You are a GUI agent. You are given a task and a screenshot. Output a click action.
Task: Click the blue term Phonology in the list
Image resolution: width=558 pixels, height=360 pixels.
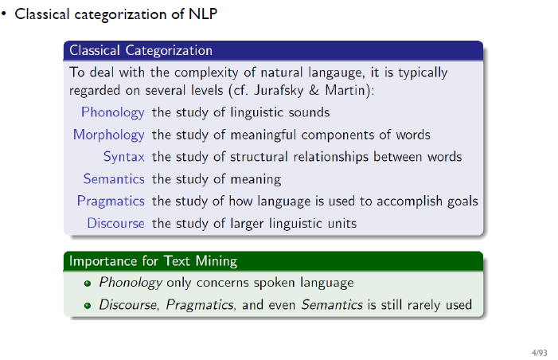pos(113,113)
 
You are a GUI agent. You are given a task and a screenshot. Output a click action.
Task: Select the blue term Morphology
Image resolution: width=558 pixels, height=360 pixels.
pos(109,135)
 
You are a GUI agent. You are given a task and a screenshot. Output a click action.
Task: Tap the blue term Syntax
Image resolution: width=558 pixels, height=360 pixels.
pos(124,158)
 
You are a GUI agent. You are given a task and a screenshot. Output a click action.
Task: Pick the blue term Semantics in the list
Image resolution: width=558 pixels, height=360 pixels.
pos(114,178)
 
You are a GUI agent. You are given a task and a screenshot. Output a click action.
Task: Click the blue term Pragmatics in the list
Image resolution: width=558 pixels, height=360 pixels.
pos(111,202)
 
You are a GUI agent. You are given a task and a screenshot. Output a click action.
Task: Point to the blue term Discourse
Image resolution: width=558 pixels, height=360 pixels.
pos(115,223)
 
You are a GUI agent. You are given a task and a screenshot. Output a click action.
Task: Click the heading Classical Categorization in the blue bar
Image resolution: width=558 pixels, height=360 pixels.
pos(141,50)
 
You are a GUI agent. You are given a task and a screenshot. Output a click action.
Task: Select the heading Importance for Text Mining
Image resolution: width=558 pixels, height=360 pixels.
pos(153,261)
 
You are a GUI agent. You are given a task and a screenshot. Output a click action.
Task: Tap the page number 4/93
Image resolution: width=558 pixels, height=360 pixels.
pos(540,353)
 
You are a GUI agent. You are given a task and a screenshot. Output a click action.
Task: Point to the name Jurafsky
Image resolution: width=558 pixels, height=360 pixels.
pos(279,91)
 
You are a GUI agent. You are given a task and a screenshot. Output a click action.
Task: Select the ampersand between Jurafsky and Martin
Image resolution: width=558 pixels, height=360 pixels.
pos(314,91)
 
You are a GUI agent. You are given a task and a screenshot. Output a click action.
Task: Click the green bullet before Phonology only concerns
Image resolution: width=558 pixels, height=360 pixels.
pos(88,284)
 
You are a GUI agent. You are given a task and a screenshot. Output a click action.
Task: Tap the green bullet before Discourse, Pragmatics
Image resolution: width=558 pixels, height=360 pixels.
pos(88,306)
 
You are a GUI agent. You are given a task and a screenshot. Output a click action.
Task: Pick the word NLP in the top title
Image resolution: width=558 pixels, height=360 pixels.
pos(203,14)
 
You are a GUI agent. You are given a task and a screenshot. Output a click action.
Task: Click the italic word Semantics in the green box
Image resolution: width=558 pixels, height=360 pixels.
pos(332,305)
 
